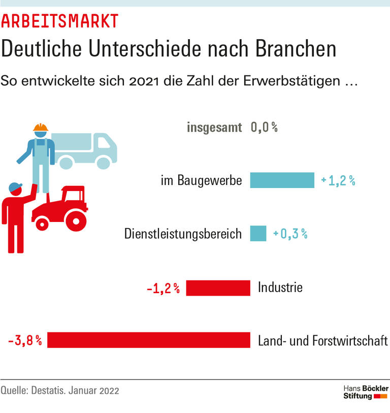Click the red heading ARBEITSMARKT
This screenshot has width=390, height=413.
coord(60,21)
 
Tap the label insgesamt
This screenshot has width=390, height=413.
coord(214,128)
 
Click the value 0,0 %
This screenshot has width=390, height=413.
coord(264,128)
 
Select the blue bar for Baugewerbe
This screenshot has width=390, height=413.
coord(282,180)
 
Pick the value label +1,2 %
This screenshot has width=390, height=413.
coord(338,180)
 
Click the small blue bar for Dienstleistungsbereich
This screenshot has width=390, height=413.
coord(258,234)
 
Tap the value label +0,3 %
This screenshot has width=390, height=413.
coord(290,234)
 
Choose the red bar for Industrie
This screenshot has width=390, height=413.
coord(218,288)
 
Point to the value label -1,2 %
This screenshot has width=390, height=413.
coord(163,289)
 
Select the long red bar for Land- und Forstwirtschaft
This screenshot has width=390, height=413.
coord(149,340)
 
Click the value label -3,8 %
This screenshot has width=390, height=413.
coord(24,340)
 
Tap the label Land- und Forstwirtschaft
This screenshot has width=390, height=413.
coord(323,340)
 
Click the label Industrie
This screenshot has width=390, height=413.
coord(280,288)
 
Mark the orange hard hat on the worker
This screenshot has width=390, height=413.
coord(40,128)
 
